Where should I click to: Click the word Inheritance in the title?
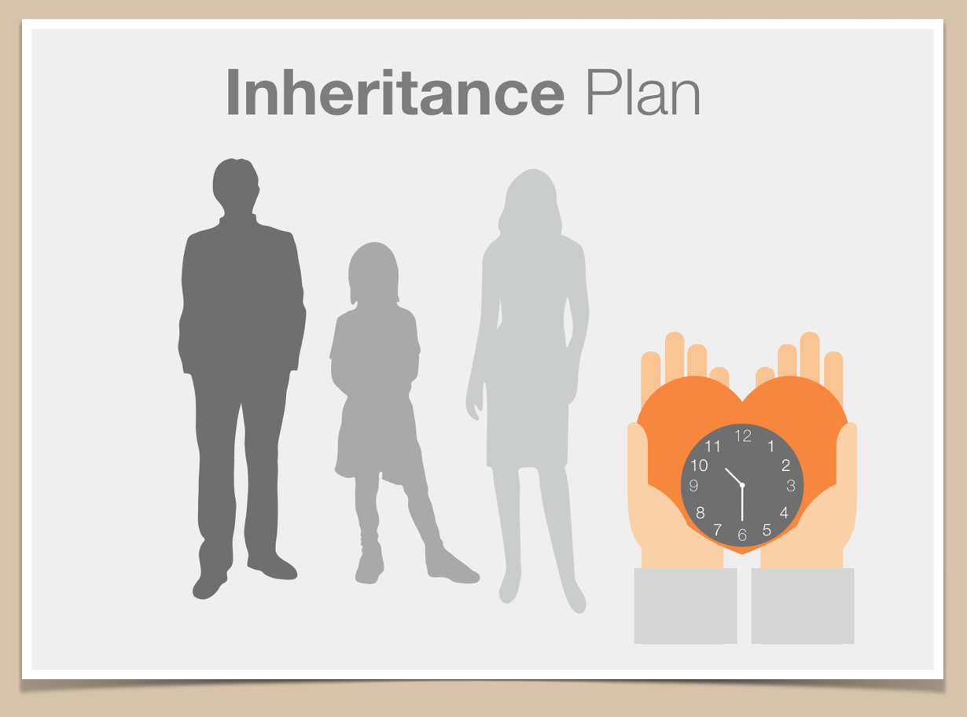point(395,92)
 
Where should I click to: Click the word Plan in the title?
point(643,92)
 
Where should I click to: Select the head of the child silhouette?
point(373,271)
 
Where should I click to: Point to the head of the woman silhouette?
point(531,200)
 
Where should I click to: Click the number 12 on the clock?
point(742,436)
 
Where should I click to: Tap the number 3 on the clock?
point(790,485)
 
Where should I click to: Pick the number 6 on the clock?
point(742,535)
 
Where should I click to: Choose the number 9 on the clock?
point(693,485)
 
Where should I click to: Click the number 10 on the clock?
point(700,465)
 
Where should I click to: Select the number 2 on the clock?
point(785,465)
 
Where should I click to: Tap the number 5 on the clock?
point(767,530)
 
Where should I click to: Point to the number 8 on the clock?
point(700,513)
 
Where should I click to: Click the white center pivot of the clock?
point(742,485)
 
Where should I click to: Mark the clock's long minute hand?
point(742,503)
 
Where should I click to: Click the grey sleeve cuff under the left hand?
point(686,606)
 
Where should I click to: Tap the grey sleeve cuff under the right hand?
point(803,606)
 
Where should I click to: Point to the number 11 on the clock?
point(712,447)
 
